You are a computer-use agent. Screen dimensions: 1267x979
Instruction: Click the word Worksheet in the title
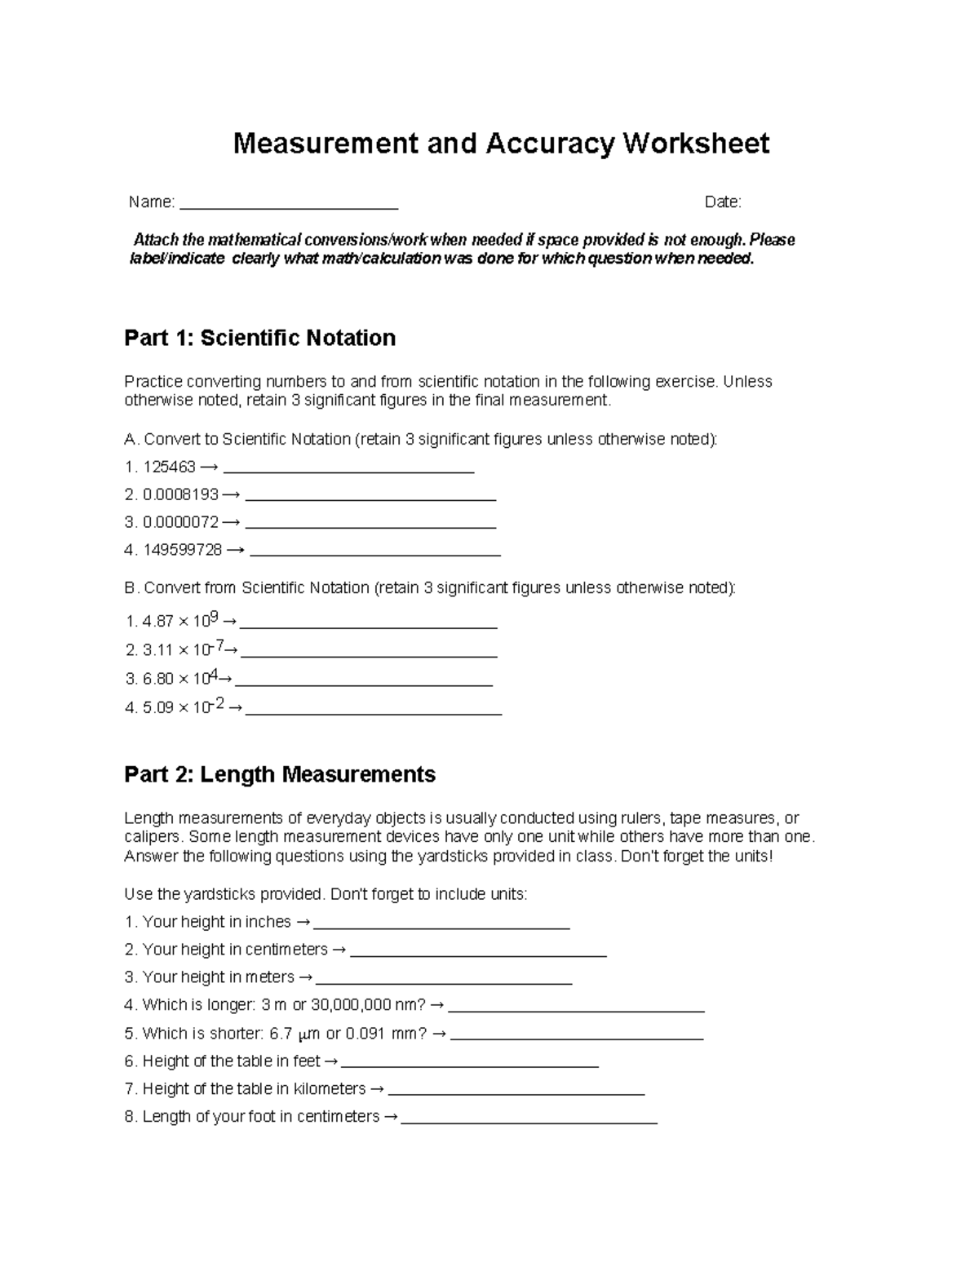point(696,144)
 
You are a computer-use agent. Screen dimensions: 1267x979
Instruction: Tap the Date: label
point(723,202)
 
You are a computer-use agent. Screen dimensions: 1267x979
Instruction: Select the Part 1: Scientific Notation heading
point(259,338)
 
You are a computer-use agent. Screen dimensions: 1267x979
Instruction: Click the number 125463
point(169,467)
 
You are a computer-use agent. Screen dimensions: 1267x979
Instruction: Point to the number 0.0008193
point(180,494)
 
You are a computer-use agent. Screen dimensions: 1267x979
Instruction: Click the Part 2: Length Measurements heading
point(280,774)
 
